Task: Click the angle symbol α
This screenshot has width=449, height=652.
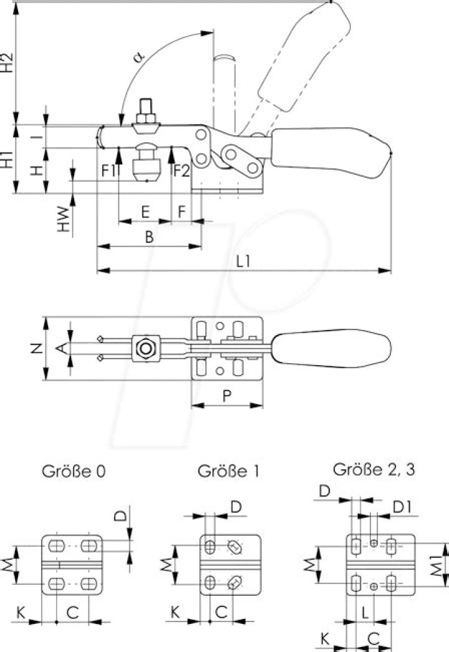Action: [x=140, y=57]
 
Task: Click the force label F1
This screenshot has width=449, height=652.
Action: [x=110, y=170]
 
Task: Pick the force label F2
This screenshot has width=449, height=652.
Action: [x=181, y=170]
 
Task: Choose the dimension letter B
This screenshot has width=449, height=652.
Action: [x=148, y=237]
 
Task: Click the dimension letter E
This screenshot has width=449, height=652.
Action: [x=145, y=212]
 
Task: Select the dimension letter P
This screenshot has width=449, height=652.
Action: [x=226, y=396]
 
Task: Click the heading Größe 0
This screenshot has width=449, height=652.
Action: [x=74, y=470]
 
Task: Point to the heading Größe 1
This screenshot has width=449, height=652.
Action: [x=228, y=470]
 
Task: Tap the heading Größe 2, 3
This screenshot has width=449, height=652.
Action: [x=374, y=469]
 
